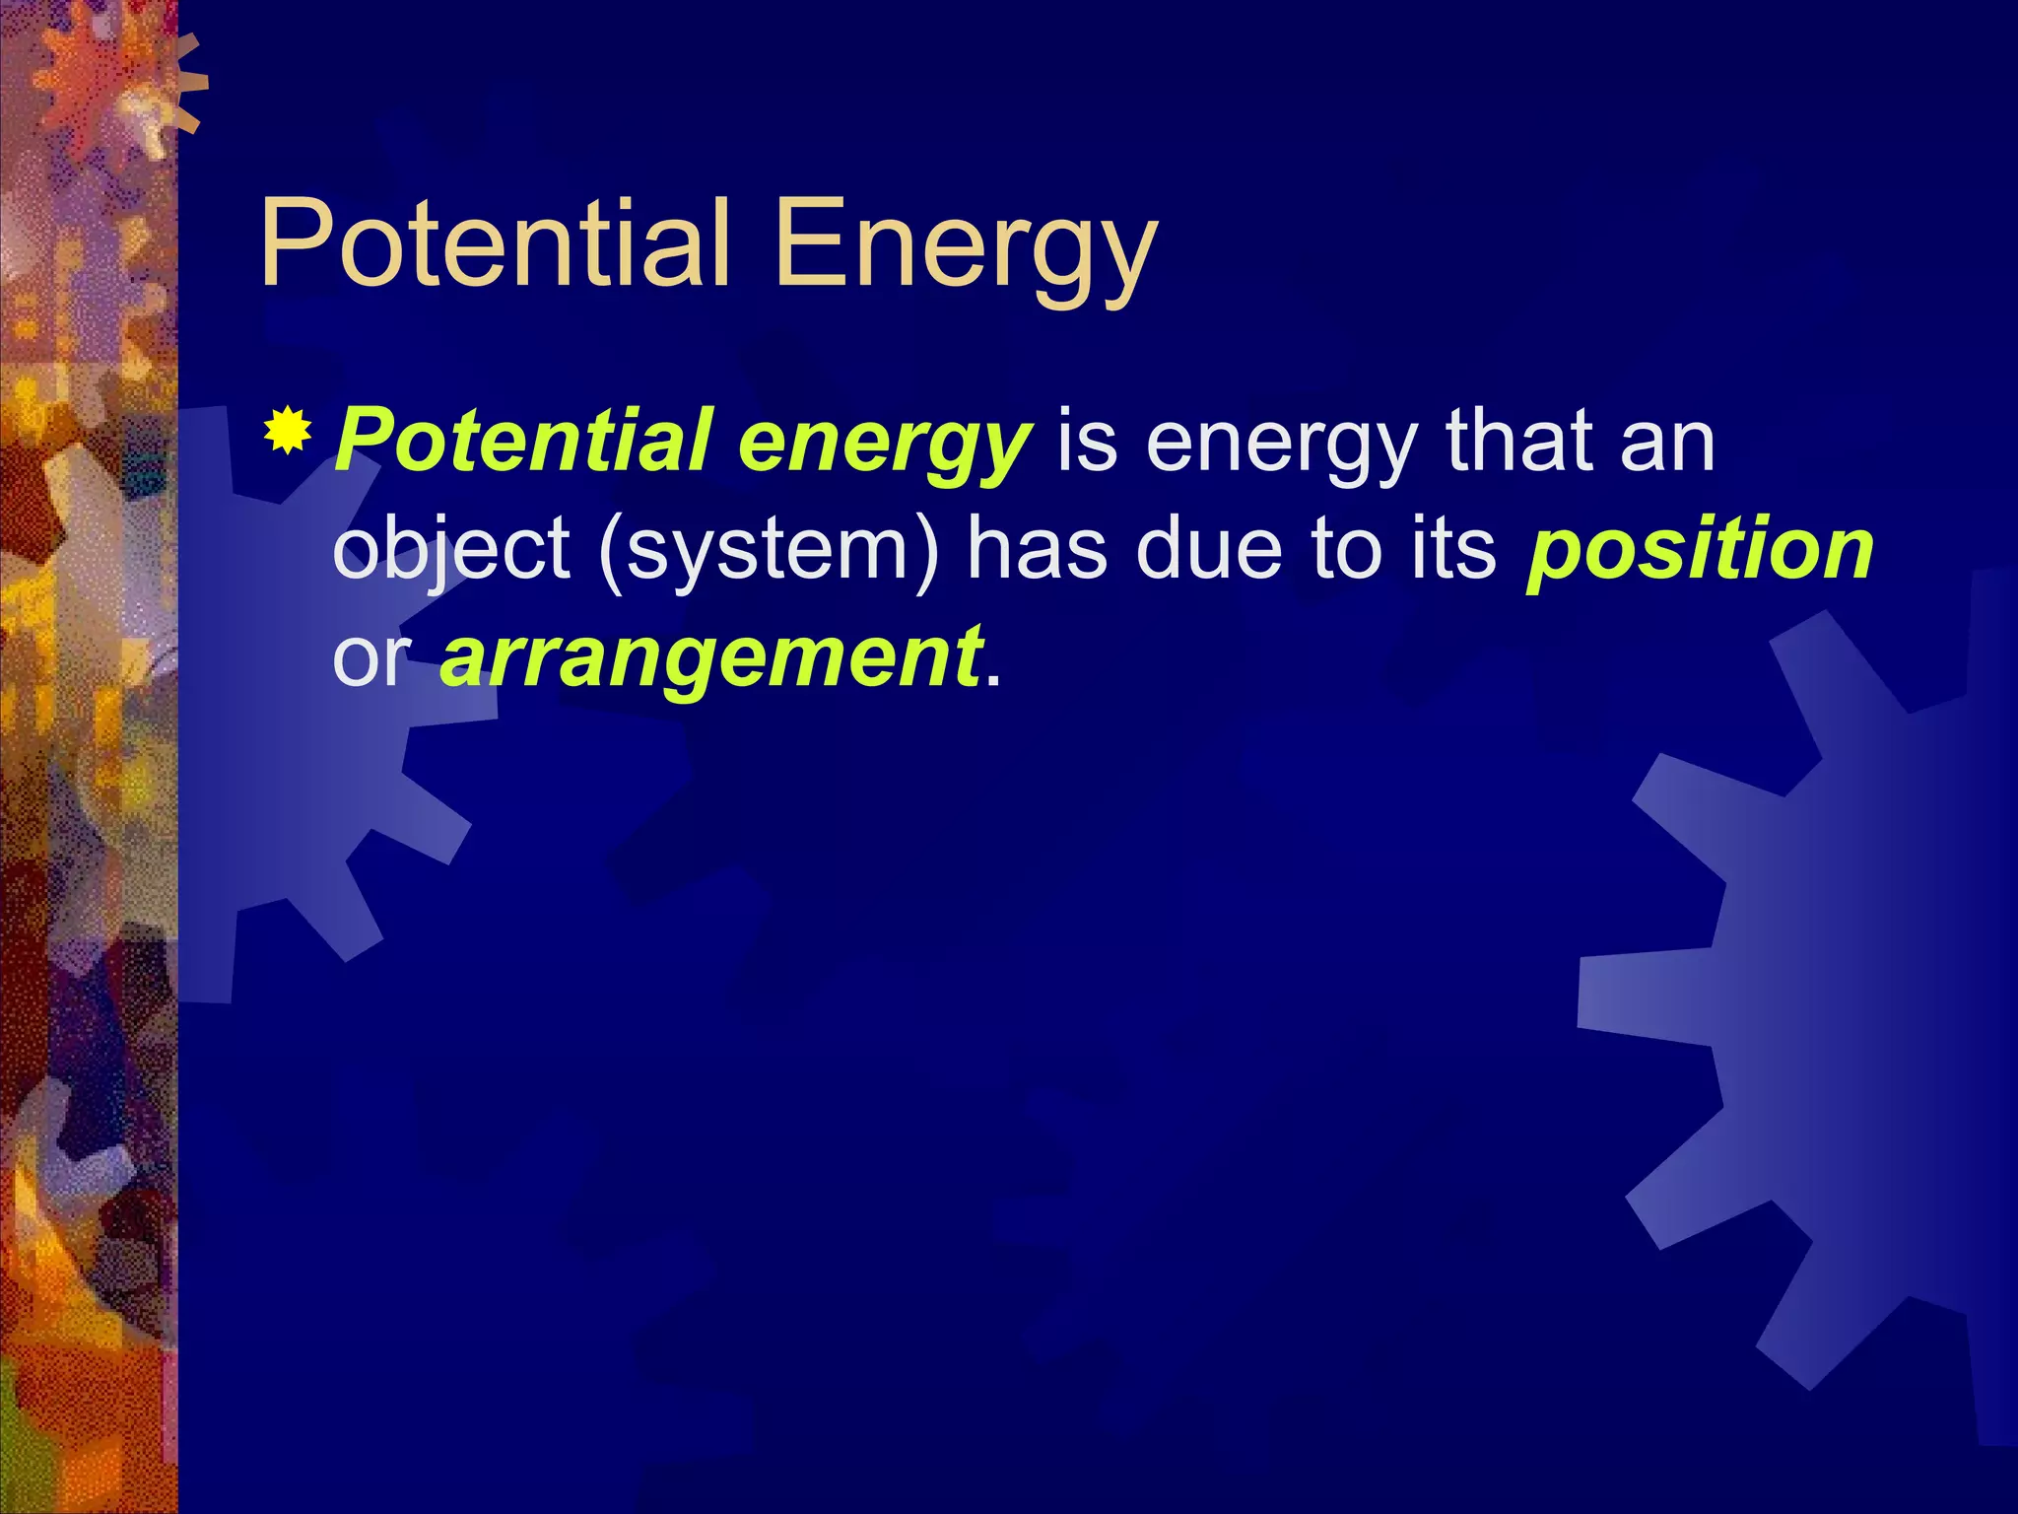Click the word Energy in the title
[964, 250]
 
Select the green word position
[1700, 554]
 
